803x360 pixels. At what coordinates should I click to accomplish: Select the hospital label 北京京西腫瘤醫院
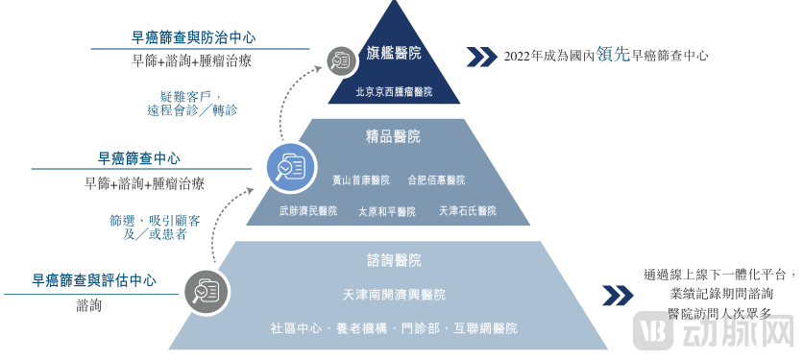pos(394,92)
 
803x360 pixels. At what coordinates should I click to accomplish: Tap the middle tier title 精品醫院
pos(394,136)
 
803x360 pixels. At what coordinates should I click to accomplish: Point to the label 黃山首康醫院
pos(360,180)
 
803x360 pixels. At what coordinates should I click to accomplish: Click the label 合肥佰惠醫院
pos(435,180)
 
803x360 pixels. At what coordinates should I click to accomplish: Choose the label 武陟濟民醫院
pos(308,210)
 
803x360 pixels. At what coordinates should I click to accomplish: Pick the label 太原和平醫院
pos(386,211)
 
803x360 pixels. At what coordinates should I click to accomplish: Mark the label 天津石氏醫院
pos(467,210)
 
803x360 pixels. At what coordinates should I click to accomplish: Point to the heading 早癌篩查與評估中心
pos(94,281)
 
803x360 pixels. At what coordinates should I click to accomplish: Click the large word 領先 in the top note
pos(613,55)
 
